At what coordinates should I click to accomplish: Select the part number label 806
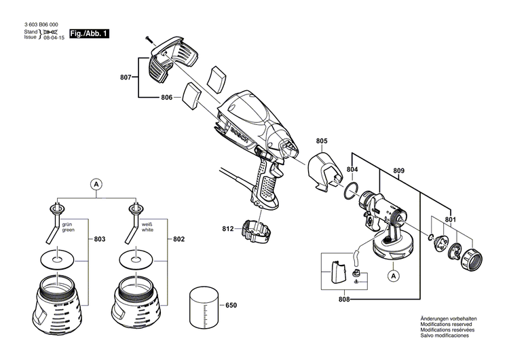[167, 98]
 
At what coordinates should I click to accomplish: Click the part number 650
[231, 306]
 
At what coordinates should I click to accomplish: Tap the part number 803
[100, 240]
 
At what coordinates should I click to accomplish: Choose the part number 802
[179, 240]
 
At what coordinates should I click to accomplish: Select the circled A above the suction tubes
[97, 183]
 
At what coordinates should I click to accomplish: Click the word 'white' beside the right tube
[147, 230]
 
